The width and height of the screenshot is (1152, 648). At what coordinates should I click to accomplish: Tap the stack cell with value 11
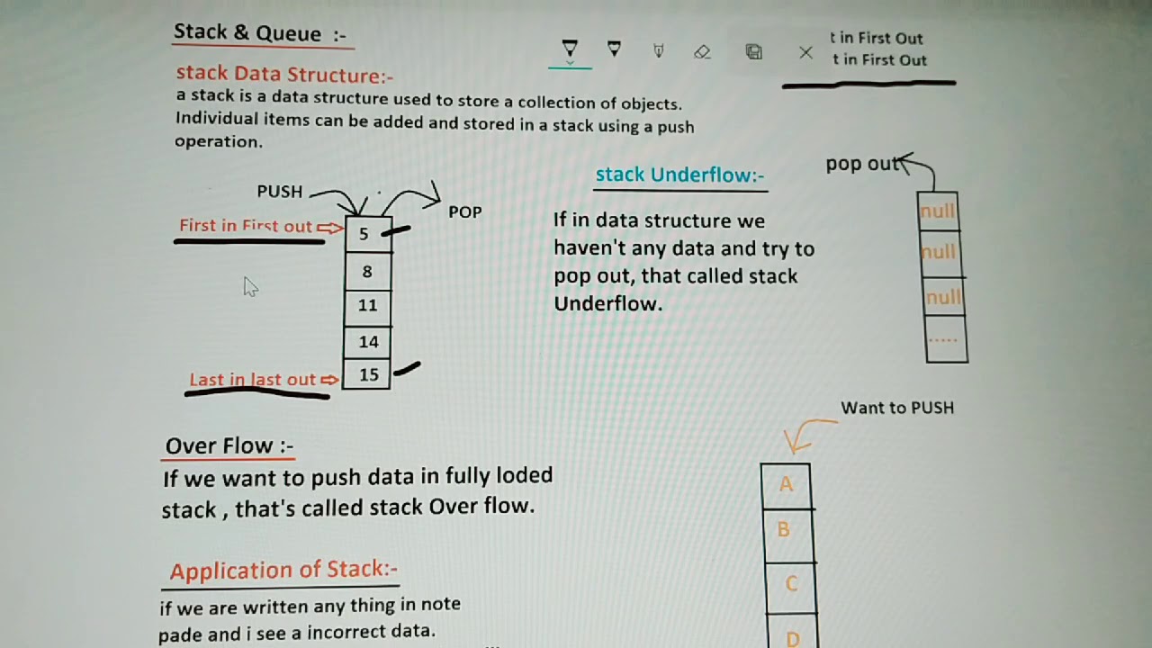368,306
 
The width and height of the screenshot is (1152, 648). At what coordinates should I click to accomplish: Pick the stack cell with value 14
368,342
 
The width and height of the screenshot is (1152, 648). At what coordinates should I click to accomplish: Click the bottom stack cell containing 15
368,374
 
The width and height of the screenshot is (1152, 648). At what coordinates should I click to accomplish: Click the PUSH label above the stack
280,192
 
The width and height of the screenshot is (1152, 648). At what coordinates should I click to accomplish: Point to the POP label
465,212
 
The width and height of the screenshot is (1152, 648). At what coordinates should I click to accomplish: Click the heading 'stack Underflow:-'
679,175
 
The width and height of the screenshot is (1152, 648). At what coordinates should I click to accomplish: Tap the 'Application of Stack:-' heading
283,571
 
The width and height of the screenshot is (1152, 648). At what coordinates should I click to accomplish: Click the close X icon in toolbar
805,53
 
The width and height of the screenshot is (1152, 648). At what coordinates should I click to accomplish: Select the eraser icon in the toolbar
703,52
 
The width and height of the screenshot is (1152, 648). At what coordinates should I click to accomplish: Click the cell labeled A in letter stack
786,485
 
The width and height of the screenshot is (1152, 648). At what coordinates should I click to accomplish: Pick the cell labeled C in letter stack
790,584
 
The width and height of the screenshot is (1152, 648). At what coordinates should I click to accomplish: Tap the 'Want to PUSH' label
896,408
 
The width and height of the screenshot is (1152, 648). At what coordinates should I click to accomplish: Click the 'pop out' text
862,164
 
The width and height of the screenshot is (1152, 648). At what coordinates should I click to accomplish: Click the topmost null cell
938,212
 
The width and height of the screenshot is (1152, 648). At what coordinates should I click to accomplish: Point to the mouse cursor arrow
249,285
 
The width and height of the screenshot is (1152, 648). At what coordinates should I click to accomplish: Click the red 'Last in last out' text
253,380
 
